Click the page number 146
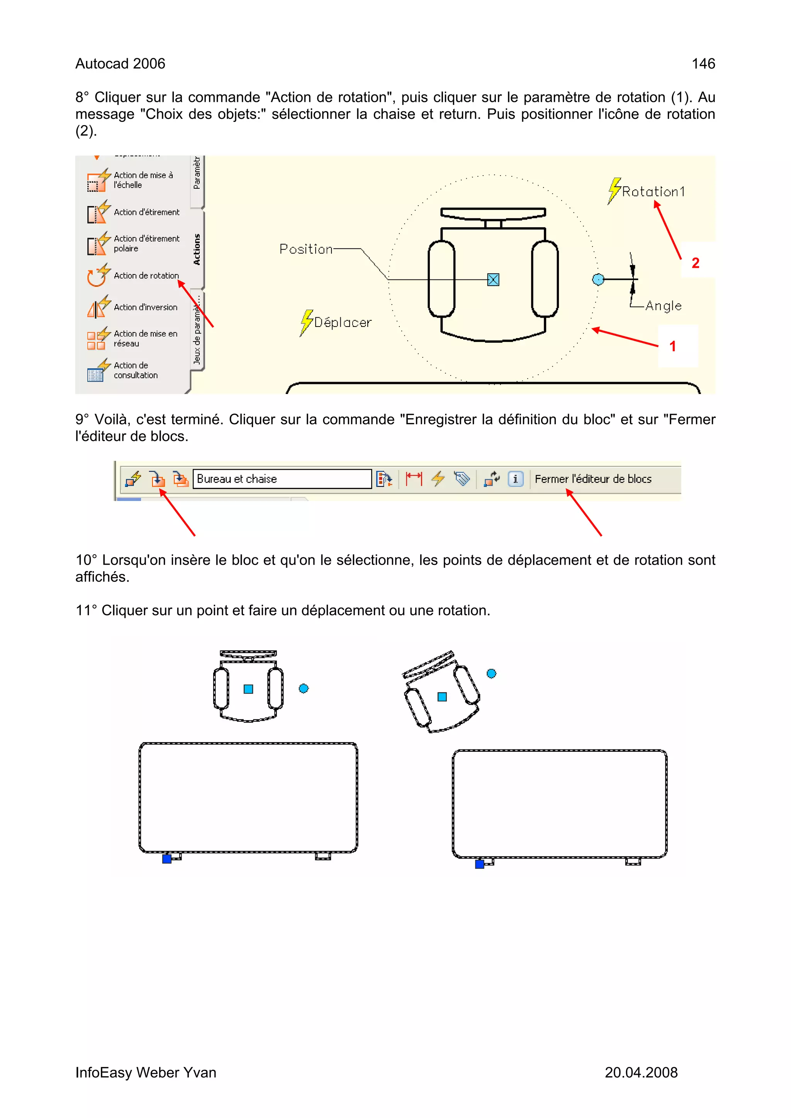point(703,64)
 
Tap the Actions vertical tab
point(197,249)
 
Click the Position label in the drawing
point(306,249)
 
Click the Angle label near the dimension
point(663,306)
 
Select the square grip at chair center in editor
point(493,279)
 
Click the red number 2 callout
point(696,263)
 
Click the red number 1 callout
point(672,346)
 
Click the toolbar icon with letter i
point(516,479)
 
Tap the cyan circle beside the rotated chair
point(491,673)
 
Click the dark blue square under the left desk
point(167,859)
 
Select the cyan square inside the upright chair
point(248,689)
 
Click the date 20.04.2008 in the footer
point(640,1072)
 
